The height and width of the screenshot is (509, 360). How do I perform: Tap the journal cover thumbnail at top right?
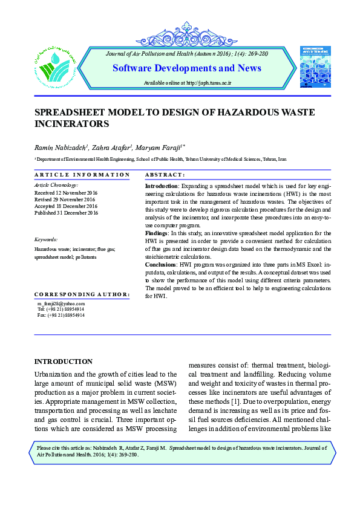[315, 66]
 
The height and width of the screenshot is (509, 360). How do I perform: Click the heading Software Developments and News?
[187, 68]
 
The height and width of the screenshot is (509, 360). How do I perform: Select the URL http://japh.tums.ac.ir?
[209, 82]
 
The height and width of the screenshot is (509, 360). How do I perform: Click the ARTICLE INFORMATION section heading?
[82, 175]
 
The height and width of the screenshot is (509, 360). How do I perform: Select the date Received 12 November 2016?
[66, 192]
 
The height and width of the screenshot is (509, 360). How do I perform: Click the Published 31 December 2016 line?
[66, 213]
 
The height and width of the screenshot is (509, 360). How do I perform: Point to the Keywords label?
[46, 239]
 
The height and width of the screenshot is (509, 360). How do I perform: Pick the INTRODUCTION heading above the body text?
[63, 361]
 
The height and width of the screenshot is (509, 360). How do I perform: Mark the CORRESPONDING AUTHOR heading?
[82, 294]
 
